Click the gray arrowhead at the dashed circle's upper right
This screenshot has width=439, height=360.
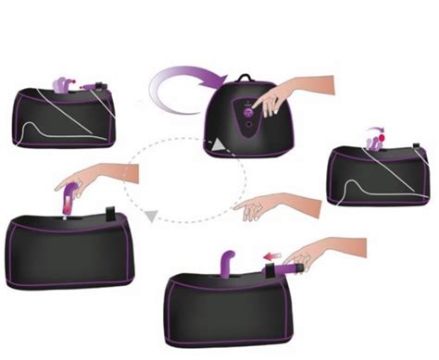pos(215,146)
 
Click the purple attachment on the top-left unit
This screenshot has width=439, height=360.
pos(66,84)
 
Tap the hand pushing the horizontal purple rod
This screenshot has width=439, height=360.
pos(315,253)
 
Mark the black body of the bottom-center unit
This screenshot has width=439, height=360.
pos(232,310)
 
